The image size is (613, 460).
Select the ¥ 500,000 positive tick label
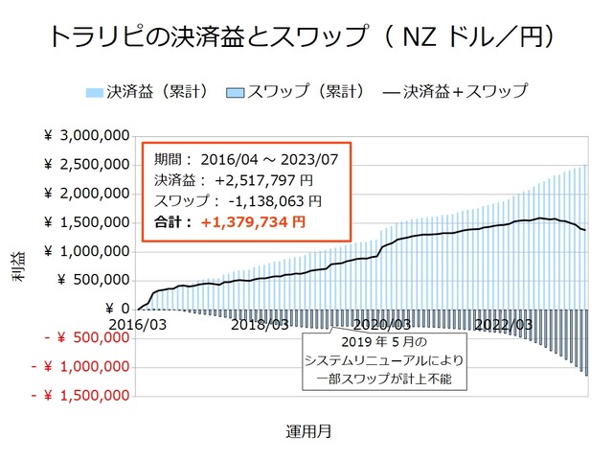[94, 280]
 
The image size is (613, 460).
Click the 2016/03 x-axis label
[136, 325]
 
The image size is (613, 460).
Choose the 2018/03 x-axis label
[261, 325]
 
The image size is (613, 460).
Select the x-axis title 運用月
[308, 430]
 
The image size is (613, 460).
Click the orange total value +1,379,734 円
[254, 222]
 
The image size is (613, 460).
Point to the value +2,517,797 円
[262, 180]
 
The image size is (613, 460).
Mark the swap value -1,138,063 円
[268, 201]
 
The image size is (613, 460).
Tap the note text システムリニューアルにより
[383, 359]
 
